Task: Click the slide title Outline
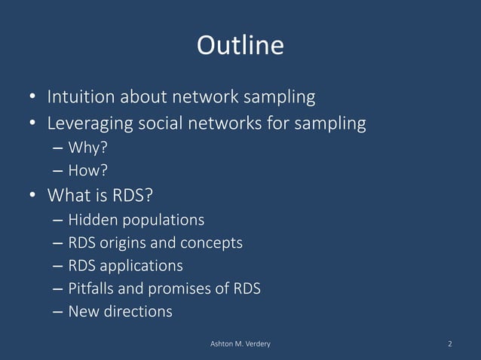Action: click(240, 46)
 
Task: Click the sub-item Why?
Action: click(83, 147)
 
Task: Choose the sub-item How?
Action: click(83, 169)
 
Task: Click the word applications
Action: click(140, 266)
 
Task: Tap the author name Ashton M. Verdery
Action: click(240, 344)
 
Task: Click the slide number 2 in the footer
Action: click(450, 344)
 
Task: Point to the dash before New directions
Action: click(58, 311)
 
